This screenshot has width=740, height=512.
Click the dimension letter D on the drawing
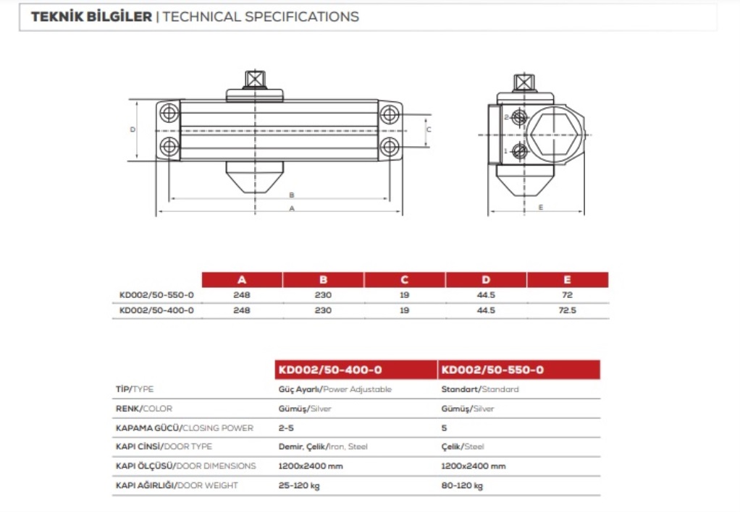click(133, 129)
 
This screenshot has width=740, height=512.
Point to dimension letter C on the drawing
click(429, 129)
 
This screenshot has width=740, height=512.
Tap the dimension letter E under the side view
click(540, 208)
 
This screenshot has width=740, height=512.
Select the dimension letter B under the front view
click(292, 195)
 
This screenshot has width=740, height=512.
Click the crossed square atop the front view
click(254, 79)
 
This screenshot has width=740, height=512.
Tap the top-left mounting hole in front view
click(169, 113)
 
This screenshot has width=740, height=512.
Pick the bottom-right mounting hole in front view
click(390, 147)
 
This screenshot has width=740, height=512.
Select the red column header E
click(567, 280)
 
